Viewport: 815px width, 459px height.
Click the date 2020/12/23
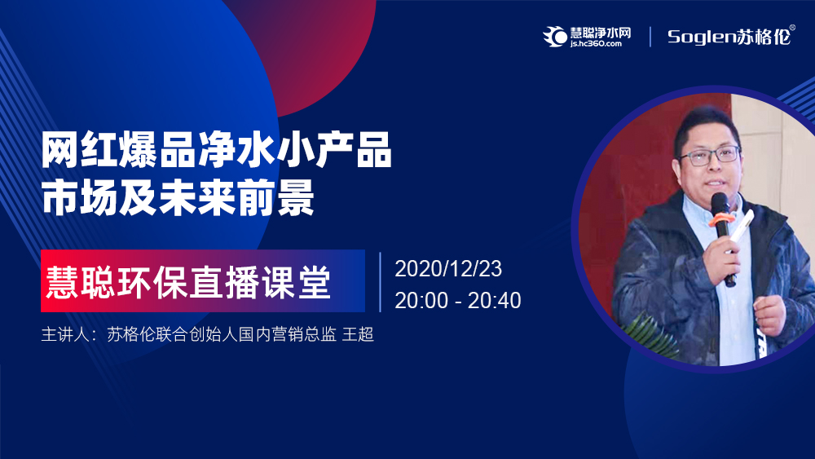click(x=448, y=269)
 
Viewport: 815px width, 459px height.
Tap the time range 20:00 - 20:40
click(x=458, y=301)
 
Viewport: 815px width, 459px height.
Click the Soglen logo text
click(x=702, y=37)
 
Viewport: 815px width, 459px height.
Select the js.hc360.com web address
click(x=596, y=44)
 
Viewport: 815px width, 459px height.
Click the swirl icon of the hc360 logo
click(x=555, y=37)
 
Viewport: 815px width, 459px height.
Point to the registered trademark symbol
click(x=792, y=28)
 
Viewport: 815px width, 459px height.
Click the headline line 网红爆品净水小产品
click(x=216, y=151)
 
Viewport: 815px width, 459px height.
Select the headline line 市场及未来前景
click(x=178, y=197)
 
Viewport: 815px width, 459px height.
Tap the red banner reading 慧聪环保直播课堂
click(x=203, y=280)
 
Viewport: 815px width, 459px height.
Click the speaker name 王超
click(x=358, y=334)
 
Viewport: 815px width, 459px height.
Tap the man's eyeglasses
click(x=708, y=156)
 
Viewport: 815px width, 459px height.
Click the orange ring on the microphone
click(x=721, y=218)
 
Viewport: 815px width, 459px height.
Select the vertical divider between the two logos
click(x=650, y=37)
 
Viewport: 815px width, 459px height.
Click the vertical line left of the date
click(x=381, y=282)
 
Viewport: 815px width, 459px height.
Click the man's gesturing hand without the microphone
click(x=770, y=315)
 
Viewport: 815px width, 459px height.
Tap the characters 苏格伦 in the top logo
click(x=764, y=37)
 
